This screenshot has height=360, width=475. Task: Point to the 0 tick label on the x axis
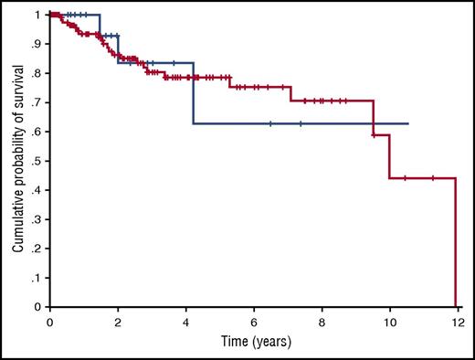50,323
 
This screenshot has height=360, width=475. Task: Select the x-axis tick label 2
118,323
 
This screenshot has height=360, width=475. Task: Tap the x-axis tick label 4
185,323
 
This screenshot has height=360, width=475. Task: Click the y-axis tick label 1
38,16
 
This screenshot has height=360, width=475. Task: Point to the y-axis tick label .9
37,44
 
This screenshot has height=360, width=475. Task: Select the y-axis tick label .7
37,102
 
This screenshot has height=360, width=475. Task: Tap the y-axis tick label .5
37,161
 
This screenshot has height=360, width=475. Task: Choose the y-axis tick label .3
37,219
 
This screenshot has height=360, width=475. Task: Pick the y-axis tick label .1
37,278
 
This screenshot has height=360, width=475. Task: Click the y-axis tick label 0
38,308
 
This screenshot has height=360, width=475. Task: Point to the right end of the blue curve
407,123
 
